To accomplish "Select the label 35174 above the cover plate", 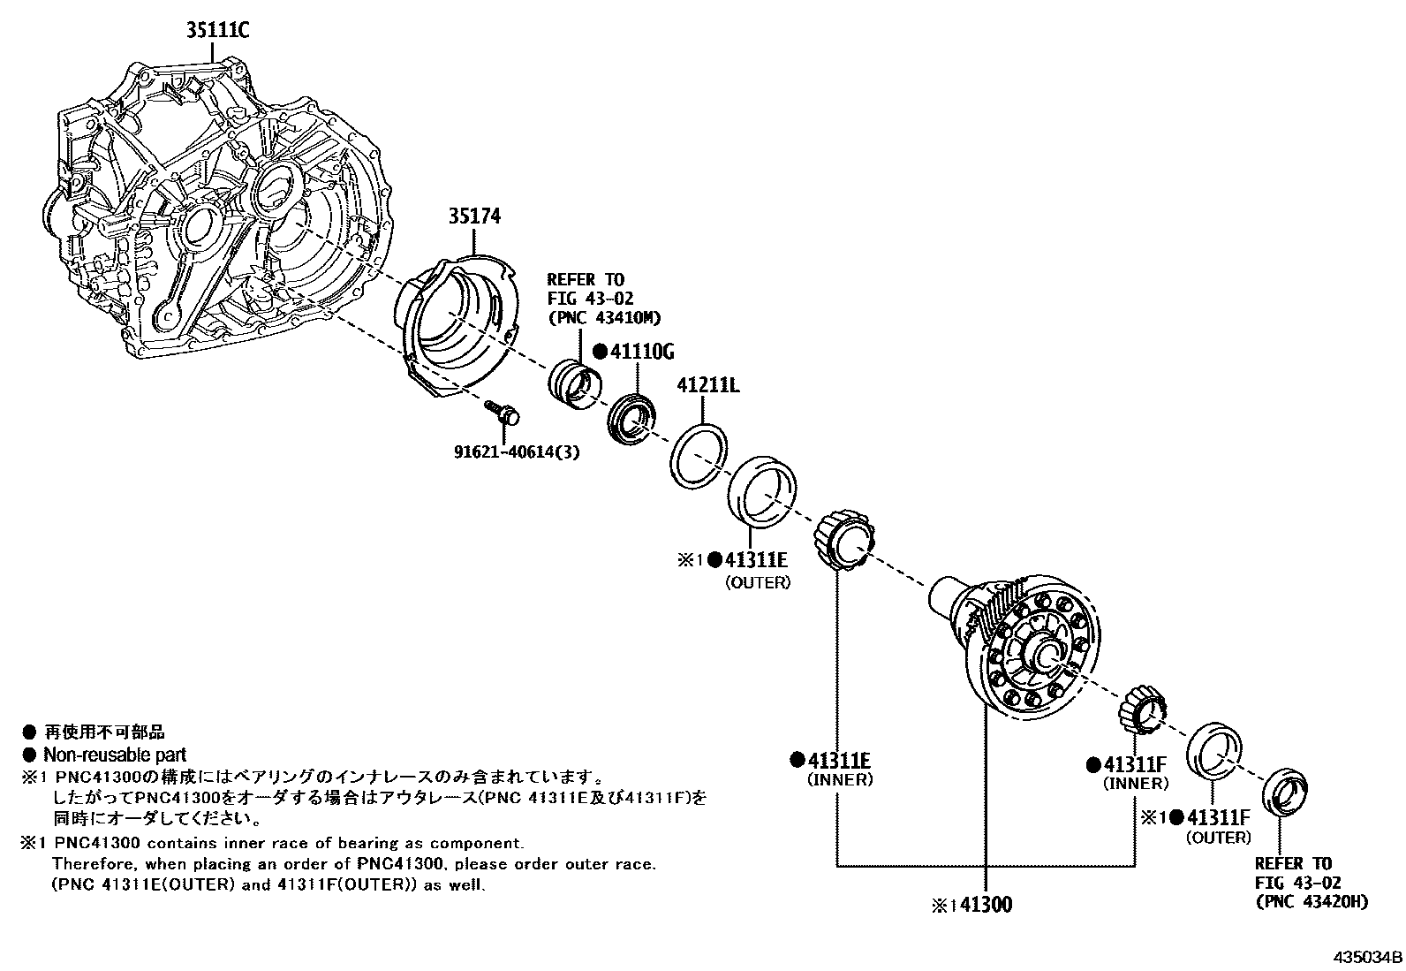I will tap(474, 216).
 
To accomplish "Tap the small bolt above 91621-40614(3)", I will tap(504, 412).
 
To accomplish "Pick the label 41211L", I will tap(707, 385).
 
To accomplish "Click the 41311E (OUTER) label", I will tap(755, 559).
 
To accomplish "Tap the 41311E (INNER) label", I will tap(839, 761).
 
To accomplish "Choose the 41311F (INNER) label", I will tap(1135, 764).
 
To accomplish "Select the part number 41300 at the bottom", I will tap(986, 905).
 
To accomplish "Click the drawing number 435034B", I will tap(1368, 957).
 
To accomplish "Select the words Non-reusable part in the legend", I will tap(115, 755).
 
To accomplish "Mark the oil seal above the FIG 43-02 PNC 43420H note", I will tap(1285, 793).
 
